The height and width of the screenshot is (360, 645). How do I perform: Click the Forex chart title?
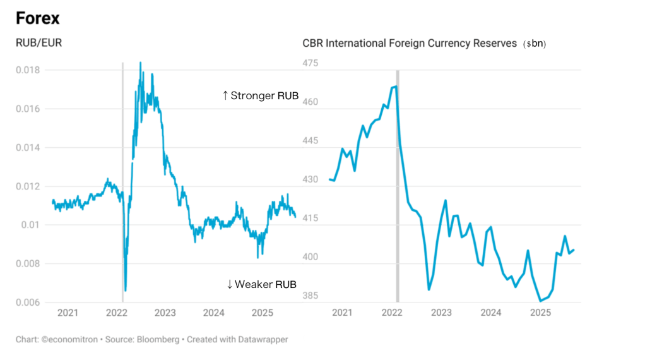click(x=37, y=19)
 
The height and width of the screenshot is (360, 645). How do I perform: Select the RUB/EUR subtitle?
click(x=33, y=44)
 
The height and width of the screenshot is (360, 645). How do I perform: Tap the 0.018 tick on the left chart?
click(x=28, y=69)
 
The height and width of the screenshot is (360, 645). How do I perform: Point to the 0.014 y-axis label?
click(x=28, y=147)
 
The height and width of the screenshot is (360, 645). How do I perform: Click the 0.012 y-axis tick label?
click(x=28, y=186)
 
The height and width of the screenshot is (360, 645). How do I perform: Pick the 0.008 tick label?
click(x=28, y=263)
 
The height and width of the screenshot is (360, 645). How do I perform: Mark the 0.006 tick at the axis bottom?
click(x=28, y=302)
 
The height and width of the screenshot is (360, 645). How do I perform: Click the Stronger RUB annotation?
click(x=259, y=96)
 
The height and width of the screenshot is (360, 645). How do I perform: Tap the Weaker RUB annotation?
click(x=261, y=284)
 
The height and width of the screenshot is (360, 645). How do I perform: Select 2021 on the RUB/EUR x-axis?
click(x=68, y=312)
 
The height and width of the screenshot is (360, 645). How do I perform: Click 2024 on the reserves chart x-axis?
click(x=490, y=312)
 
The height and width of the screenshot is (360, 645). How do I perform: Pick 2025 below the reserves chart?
click(x=540, y=312)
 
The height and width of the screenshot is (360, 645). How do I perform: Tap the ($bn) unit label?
click(x=535, y=44)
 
